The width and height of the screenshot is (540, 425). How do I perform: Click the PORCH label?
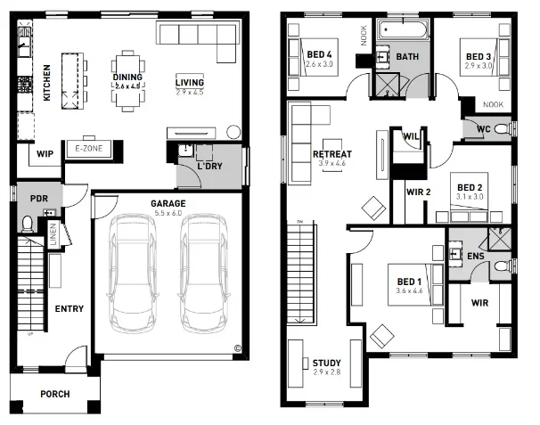pyautogui.click(x=55, y=394)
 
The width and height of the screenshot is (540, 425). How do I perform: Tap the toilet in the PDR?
pyautogui.click(x=27, y=223)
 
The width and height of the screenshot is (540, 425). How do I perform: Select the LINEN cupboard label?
pyautogui.click(x=53, y=236)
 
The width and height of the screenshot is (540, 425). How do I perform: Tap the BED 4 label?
pyautogui.click(x=318, y=56)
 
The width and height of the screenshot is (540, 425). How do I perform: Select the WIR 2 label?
pyautogui.click(x=419, y=192)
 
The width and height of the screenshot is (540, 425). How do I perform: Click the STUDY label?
pyautogui.click(x=326, y=363)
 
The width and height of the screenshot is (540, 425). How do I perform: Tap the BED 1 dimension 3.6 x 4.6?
pyautogui.click(x=412, y=290)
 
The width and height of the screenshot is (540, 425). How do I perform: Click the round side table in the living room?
pyautogui.click(x=233, y=132)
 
